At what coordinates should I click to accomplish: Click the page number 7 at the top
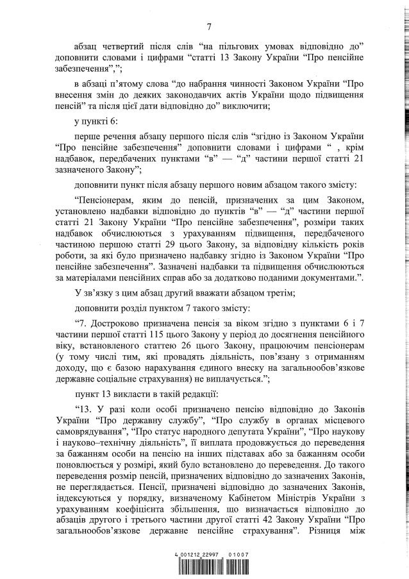click(x=209, y=26)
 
